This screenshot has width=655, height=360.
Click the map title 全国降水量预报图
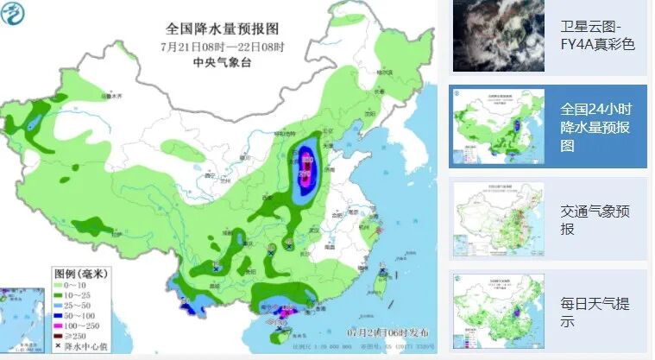222,28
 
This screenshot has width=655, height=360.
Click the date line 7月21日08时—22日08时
222,46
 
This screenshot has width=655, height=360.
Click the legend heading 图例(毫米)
80,275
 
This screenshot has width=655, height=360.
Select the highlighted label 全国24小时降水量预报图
597,128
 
